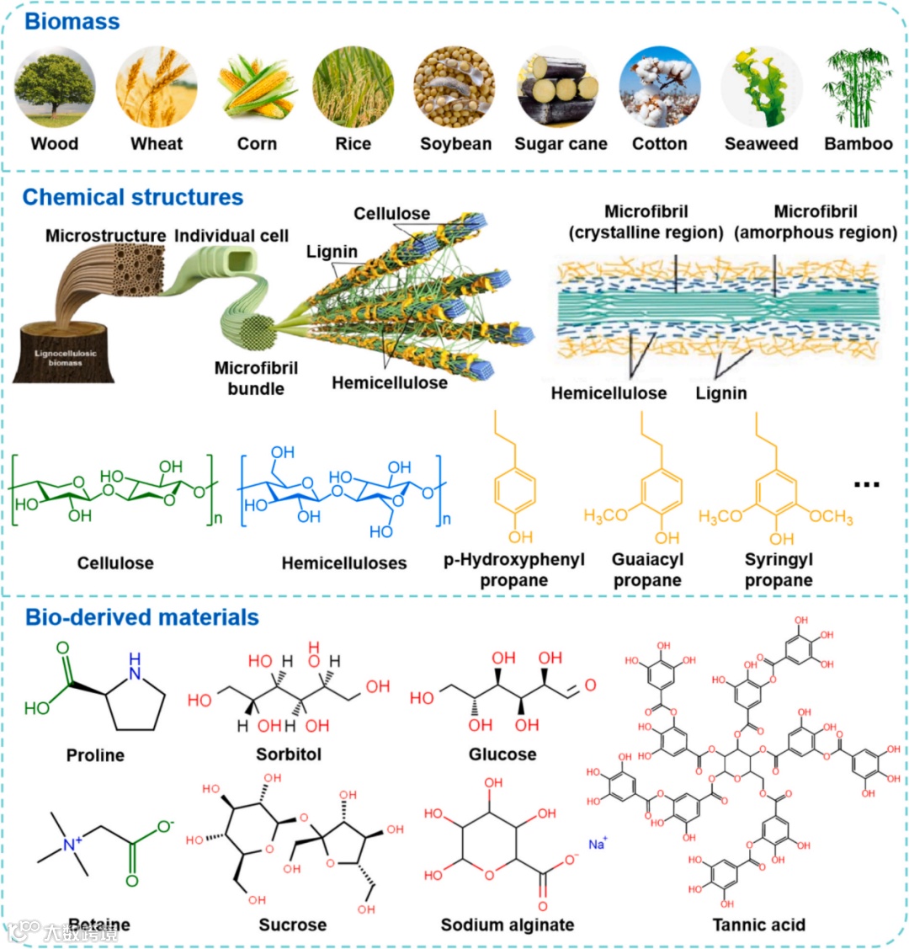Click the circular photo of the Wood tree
click(x=55, y=87)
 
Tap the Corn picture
click(x=256, y=87)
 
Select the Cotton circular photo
click(x=659, y=87)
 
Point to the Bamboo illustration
click(x=858, y=87)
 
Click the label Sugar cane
click(x=561, y=144)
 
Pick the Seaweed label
click(x=761, y=144)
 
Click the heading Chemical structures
click(x=133, y=197)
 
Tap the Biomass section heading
click(x=72, y=21)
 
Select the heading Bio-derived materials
click(x=141, y=617)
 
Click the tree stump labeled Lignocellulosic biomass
click(x=64, y=354)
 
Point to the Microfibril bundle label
click(x=256, y=378)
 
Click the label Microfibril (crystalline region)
click(x=646, y=222)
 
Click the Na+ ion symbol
click(x=598, y=844)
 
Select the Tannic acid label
click(x=758, y=925)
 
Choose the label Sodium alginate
click(x=508, y=925)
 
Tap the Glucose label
click(x=502, y=754)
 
